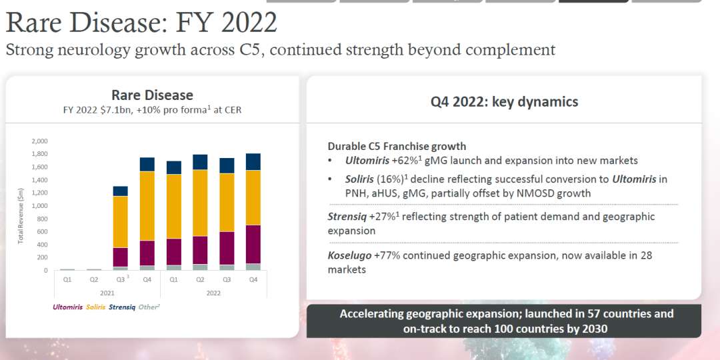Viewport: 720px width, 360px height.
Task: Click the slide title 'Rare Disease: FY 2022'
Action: pos(141,23)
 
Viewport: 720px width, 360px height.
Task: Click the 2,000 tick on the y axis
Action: pos(39,141)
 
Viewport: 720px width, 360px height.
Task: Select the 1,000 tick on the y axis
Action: pos(39,206)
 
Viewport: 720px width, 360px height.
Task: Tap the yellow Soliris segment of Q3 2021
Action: pos(120,222)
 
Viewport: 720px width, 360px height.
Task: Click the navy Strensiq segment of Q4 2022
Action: pos(253,162)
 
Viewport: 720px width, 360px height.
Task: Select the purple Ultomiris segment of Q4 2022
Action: pos(253,245)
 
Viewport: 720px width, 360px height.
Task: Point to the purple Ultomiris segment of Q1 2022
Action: pos(173,252)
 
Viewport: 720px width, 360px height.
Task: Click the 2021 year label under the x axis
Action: pos(107,292)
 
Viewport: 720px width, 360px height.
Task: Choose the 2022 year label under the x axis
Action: pos(213,292)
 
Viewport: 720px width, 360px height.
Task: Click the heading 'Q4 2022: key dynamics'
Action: pos(504,102)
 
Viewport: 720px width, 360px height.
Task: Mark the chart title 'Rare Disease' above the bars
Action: pos(152,95)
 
